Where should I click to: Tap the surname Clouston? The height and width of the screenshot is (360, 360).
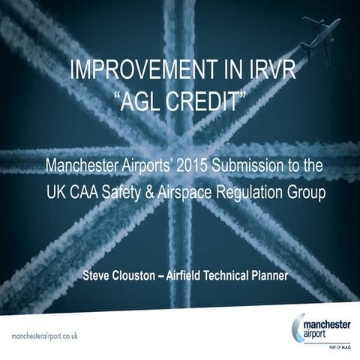143,275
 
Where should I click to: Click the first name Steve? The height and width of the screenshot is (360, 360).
99,275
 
